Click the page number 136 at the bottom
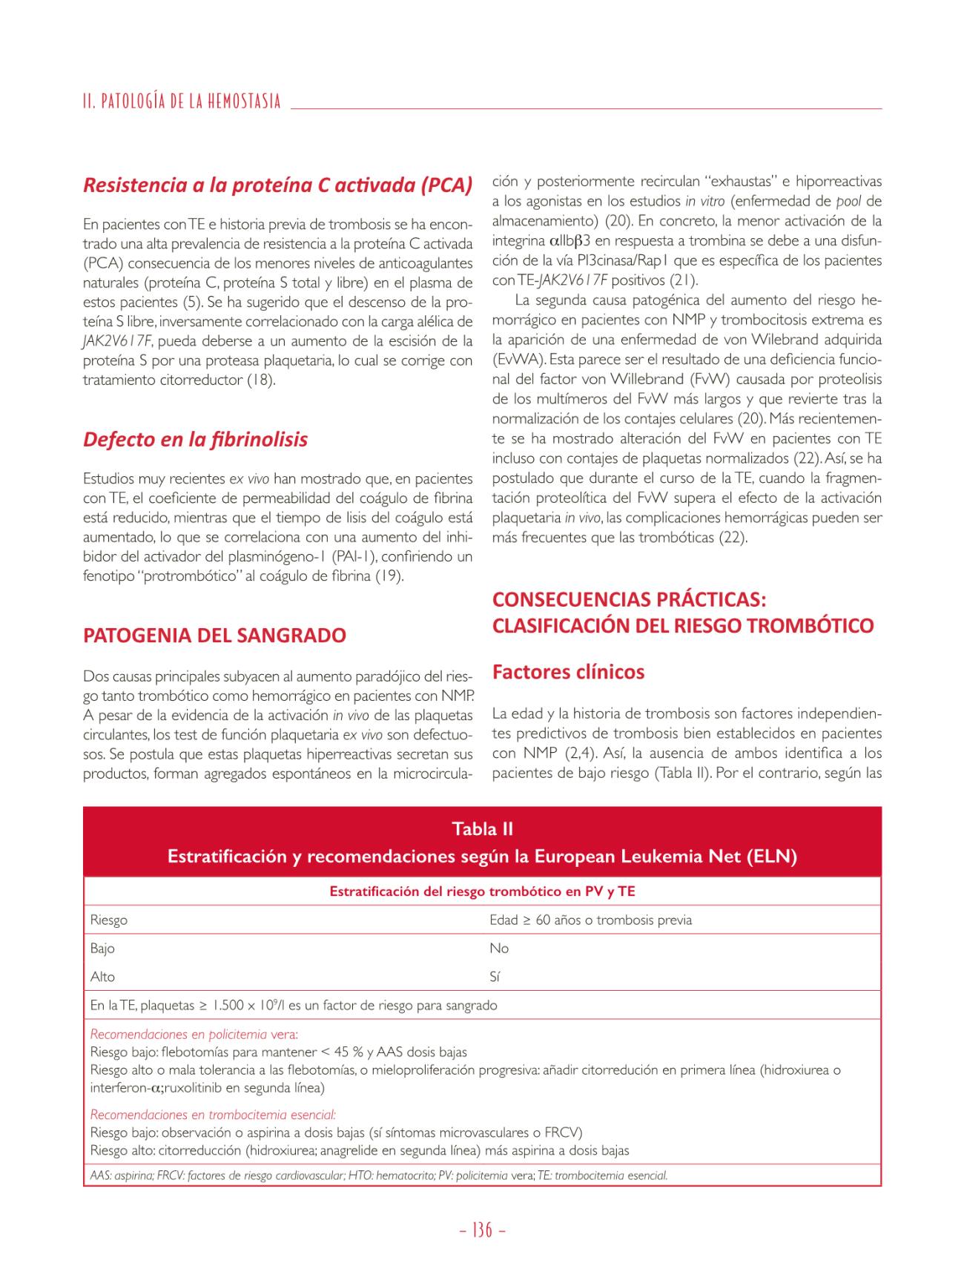coord(482,1230)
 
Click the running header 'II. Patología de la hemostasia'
coord(182,101)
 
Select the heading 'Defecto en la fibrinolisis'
coord(195,439)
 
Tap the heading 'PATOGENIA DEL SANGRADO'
coord(214,636)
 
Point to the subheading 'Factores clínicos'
coord(568,672)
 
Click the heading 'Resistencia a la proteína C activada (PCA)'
coord(277,185)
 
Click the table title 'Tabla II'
coord(482,828)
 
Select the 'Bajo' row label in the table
coord(102,949)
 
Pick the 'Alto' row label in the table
coord(102,977)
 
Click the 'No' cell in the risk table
coord(499,949)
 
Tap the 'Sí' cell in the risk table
coord(495,977)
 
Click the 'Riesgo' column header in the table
coord(109,920)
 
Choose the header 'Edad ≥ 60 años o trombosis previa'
coord(590,920)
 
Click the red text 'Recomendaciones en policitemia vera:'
coord(194,1035)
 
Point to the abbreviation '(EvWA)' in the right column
coord(514,360)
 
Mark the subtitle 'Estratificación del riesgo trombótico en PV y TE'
coord(482,891)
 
